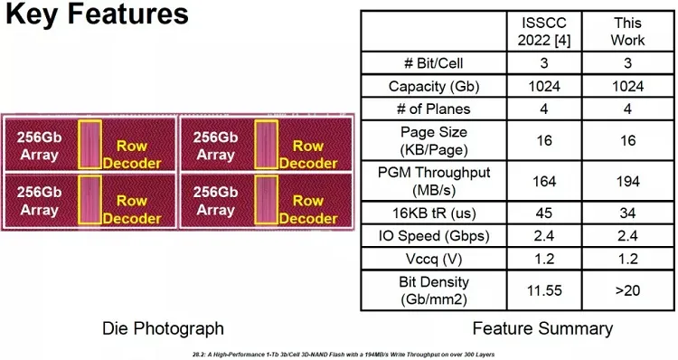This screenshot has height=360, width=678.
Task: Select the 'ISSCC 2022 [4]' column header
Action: (544, 32)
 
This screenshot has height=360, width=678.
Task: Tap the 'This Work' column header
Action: (627, 32)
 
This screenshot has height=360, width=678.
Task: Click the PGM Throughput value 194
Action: (628, 181)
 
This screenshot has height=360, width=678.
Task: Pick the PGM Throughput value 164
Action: (544, 181)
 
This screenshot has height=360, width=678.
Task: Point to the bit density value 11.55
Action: (544, 290)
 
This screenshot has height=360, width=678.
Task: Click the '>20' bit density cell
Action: (627, 290)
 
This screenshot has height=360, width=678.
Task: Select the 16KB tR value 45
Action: (544, 213)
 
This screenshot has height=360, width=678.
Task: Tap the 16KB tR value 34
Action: (628, 213)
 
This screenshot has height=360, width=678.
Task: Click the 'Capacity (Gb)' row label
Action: (434, 87)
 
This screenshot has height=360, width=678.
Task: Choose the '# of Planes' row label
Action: (433, 109)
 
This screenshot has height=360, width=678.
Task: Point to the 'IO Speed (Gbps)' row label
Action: (434, 236)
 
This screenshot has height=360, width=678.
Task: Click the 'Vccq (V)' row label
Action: (434, 260)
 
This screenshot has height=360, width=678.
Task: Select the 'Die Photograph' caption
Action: (163, 328)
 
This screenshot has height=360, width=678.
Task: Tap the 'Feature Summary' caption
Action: (542, 328)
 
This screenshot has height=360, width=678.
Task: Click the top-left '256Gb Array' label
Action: (40, 146)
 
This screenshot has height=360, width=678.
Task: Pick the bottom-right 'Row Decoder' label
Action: (308, 210)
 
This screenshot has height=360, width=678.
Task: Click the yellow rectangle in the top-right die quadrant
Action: (266, 144)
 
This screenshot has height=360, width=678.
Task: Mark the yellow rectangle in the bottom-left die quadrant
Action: (89, 200)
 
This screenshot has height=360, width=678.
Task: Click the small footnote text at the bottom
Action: (344, 355)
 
